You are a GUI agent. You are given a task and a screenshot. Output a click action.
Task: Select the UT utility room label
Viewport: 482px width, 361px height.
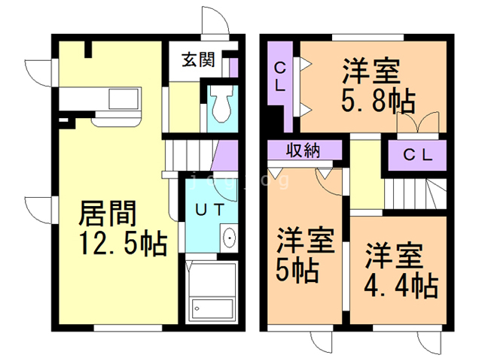[209, 211]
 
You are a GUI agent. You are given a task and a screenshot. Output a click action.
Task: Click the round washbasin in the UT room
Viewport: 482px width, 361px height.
[229, 240]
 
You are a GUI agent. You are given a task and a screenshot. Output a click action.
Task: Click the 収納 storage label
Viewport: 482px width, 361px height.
[302, 150]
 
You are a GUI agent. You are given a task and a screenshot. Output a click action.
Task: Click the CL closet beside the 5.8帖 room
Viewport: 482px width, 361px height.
[279, 76]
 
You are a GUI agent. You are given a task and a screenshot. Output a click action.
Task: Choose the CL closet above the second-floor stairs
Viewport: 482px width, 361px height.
[416, 156]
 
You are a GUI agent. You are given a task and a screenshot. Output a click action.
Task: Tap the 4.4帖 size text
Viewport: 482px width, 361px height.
[399, 285]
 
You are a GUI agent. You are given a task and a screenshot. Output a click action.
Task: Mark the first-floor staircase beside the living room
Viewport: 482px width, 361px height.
[188, 154]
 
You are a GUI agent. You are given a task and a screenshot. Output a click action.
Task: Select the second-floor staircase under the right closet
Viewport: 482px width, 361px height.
[410, 194]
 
